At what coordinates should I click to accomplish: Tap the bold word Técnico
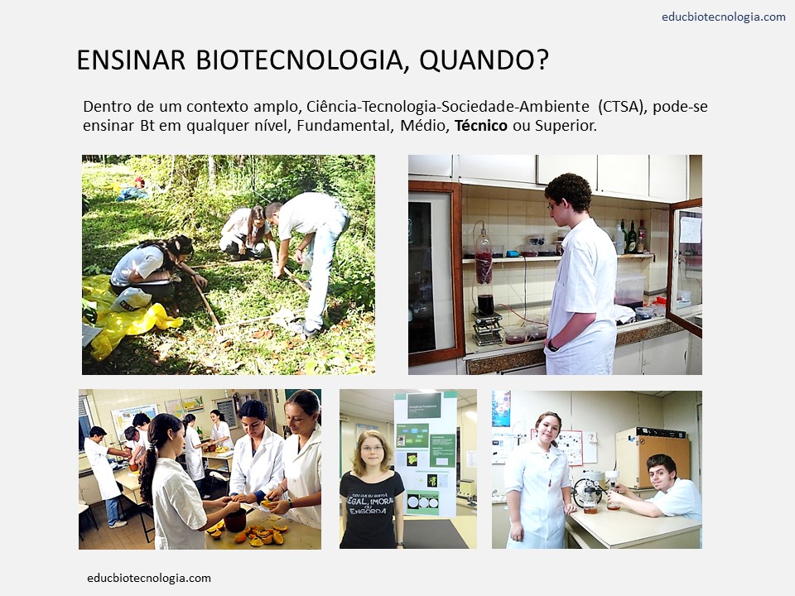pos(481,126)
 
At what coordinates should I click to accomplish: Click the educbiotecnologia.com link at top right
pos(723,17)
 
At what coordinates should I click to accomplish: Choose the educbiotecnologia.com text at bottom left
pos(149,578)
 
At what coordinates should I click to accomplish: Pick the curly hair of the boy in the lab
pos(568,190)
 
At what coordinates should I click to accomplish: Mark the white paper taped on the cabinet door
pos(689,228)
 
